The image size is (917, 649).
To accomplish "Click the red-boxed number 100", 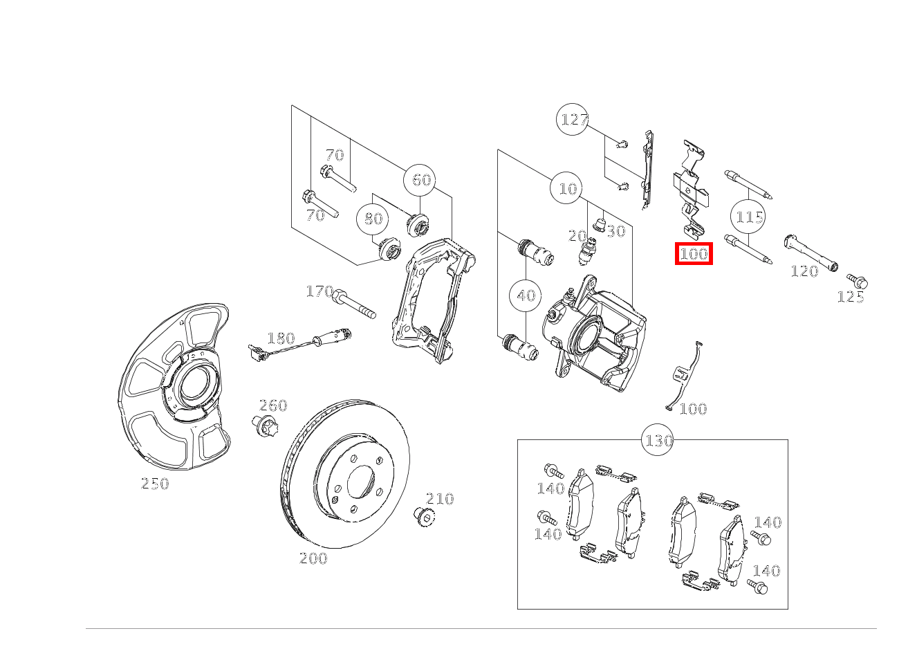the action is pos(694,254).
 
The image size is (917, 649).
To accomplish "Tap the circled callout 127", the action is pos(573,119).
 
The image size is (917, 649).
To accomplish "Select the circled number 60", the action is pos(420,180).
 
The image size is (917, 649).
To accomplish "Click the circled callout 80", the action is pos(372,219).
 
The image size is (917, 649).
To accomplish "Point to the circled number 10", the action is pos(566,188).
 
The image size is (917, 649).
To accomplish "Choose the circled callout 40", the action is pos(525,295).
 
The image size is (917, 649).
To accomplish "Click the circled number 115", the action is pos(748,217).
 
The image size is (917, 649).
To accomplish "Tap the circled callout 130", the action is pos(657,440).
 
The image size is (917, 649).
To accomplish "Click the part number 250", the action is pos(155,484).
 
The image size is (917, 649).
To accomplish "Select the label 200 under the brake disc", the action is pos(313,558).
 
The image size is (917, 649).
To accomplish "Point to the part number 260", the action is pos(273,405).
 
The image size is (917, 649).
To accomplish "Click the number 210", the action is pos(440,499).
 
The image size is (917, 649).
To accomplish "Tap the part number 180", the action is pos(281,338).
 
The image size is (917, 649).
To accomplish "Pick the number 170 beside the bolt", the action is pos(319,291).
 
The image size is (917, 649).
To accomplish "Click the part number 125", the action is pos(851,297).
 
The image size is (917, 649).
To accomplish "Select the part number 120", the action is pos(804,271).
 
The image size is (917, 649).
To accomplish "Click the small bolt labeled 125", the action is pos(857,281).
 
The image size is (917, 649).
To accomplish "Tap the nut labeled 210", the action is pos(424,516).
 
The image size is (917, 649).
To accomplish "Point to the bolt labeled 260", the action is pos(264,426).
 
